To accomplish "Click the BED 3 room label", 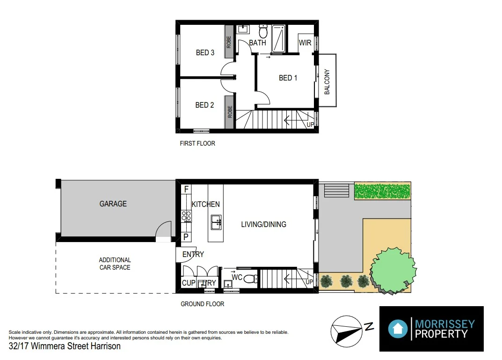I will (x=205, y=52).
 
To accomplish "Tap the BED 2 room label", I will (x=204, y=105).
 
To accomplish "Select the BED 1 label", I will (x=288, y=78).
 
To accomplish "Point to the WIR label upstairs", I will (x=305, y=43).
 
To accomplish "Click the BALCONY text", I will (x=327, y=82).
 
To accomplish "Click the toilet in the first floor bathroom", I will (x=263, y=32).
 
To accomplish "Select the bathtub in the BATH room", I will (x=278, y=39).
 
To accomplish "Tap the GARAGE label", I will (x=113, y=204).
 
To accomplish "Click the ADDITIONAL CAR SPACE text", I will (x=115, y=264).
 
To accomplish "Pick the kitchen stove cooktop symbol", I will (x=186, y=216).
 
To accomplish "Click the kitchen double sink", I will (x=216, y=222).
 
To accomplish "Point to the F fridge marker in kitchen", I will (x=186, y=189).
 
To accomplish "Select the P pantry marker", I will (x=186, y=237).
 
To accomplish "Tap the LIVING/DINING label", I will (x=263, y=224).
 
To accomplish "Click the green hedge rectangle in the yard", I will (x=383, y=191).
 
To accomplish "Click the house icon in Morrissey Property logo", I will (x=398, y=329).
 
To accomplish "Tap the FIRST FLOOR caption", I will (x=197, y=143).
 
